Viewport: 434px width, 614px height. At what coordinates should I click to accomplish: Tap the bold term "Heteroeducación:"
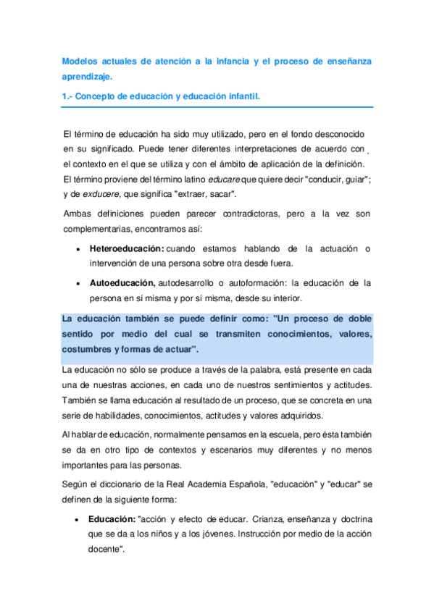coord(127,248)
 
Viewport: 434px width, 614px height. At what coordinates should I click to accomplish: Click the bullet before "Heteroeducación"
coord(78,249)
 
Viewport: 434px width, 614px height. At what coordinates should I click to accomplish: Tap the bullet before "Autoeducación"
coord(78,284)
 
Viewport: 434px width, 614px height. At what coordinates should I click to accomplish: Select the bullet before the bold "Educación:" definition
coord(78,520)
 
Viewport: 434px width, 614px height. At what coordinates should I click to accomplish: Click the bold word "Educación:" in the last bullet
coord(112,519)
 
